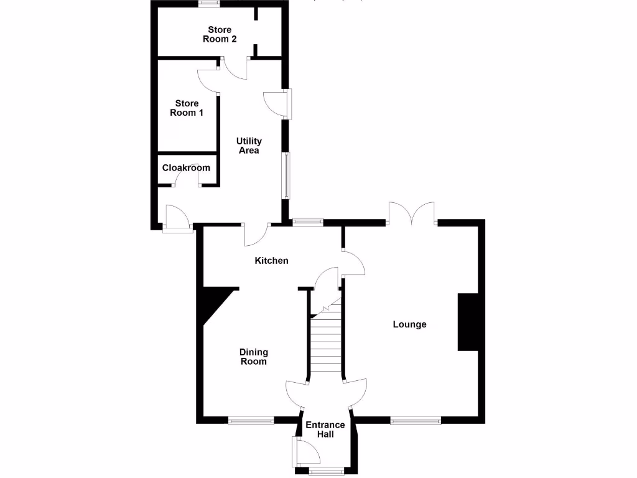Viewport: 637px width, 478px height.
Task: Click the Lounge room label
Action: point(409,324)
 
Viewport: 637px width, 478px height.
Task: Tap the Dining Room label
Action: point(254,357)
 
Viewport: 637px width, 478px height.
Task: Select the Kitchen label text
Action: point(272,261)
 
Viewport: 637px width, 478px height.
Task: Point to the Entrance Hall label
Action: point(325,429)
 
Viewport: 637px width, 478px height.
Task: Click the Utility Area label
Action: point(249,146)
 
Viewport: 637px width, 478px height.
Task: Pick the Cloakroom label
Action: point(186,168)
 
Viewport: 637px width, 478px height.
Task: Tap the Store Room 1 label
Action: point(187,108)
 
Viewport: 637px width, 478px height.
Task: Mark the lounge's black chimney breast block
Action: point(467,322)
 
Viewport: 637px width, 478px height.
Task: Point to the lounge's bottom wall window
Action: point(416,421)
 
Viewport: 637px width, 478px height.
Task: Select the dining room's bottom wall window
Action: point(251,421)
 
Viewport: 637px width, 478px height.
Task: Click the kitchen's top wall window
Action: point(308,220)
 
